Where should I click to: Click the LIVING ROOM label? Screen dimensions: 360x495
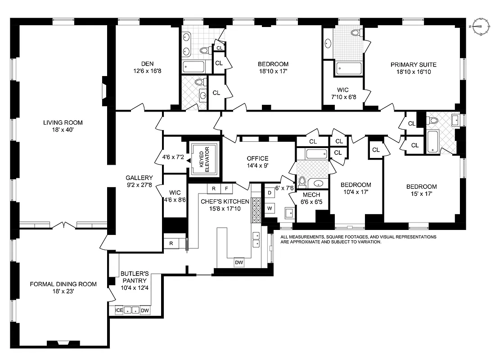[63, 122]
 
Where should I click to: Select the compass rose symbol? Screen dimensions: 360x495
[480, 27]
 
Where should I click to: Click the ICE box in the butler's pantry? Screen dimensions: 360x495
[119, 310]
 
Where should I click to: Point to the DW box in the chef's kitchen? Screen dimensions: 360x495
[238, 262]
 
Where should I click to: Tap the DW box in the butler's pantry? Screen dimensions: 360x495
[145, 310]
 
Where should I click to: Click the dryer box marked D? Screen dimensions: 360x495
[270, 193]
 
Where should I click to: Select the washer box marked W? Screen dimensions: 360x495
[270, 208]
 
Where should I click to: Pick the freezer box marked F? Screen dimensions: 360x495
[226, 188]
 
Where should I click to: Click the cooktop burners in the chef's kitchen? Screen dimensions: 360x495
[256, 210]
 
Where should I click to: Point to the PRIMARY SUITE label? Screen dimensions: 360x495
[413, 64]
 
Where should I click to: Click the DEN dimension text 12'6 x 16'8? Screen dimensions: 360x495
[148, 71]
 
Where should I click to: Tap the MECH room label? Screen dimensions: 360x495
[311, 195]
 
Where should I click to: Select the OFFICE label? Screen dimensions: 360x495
[257, 158]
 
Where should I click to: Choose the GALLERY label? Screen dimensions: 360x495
[139, 178]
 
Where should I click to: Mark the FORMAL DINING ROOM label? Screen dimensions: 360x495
[63, 284]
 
